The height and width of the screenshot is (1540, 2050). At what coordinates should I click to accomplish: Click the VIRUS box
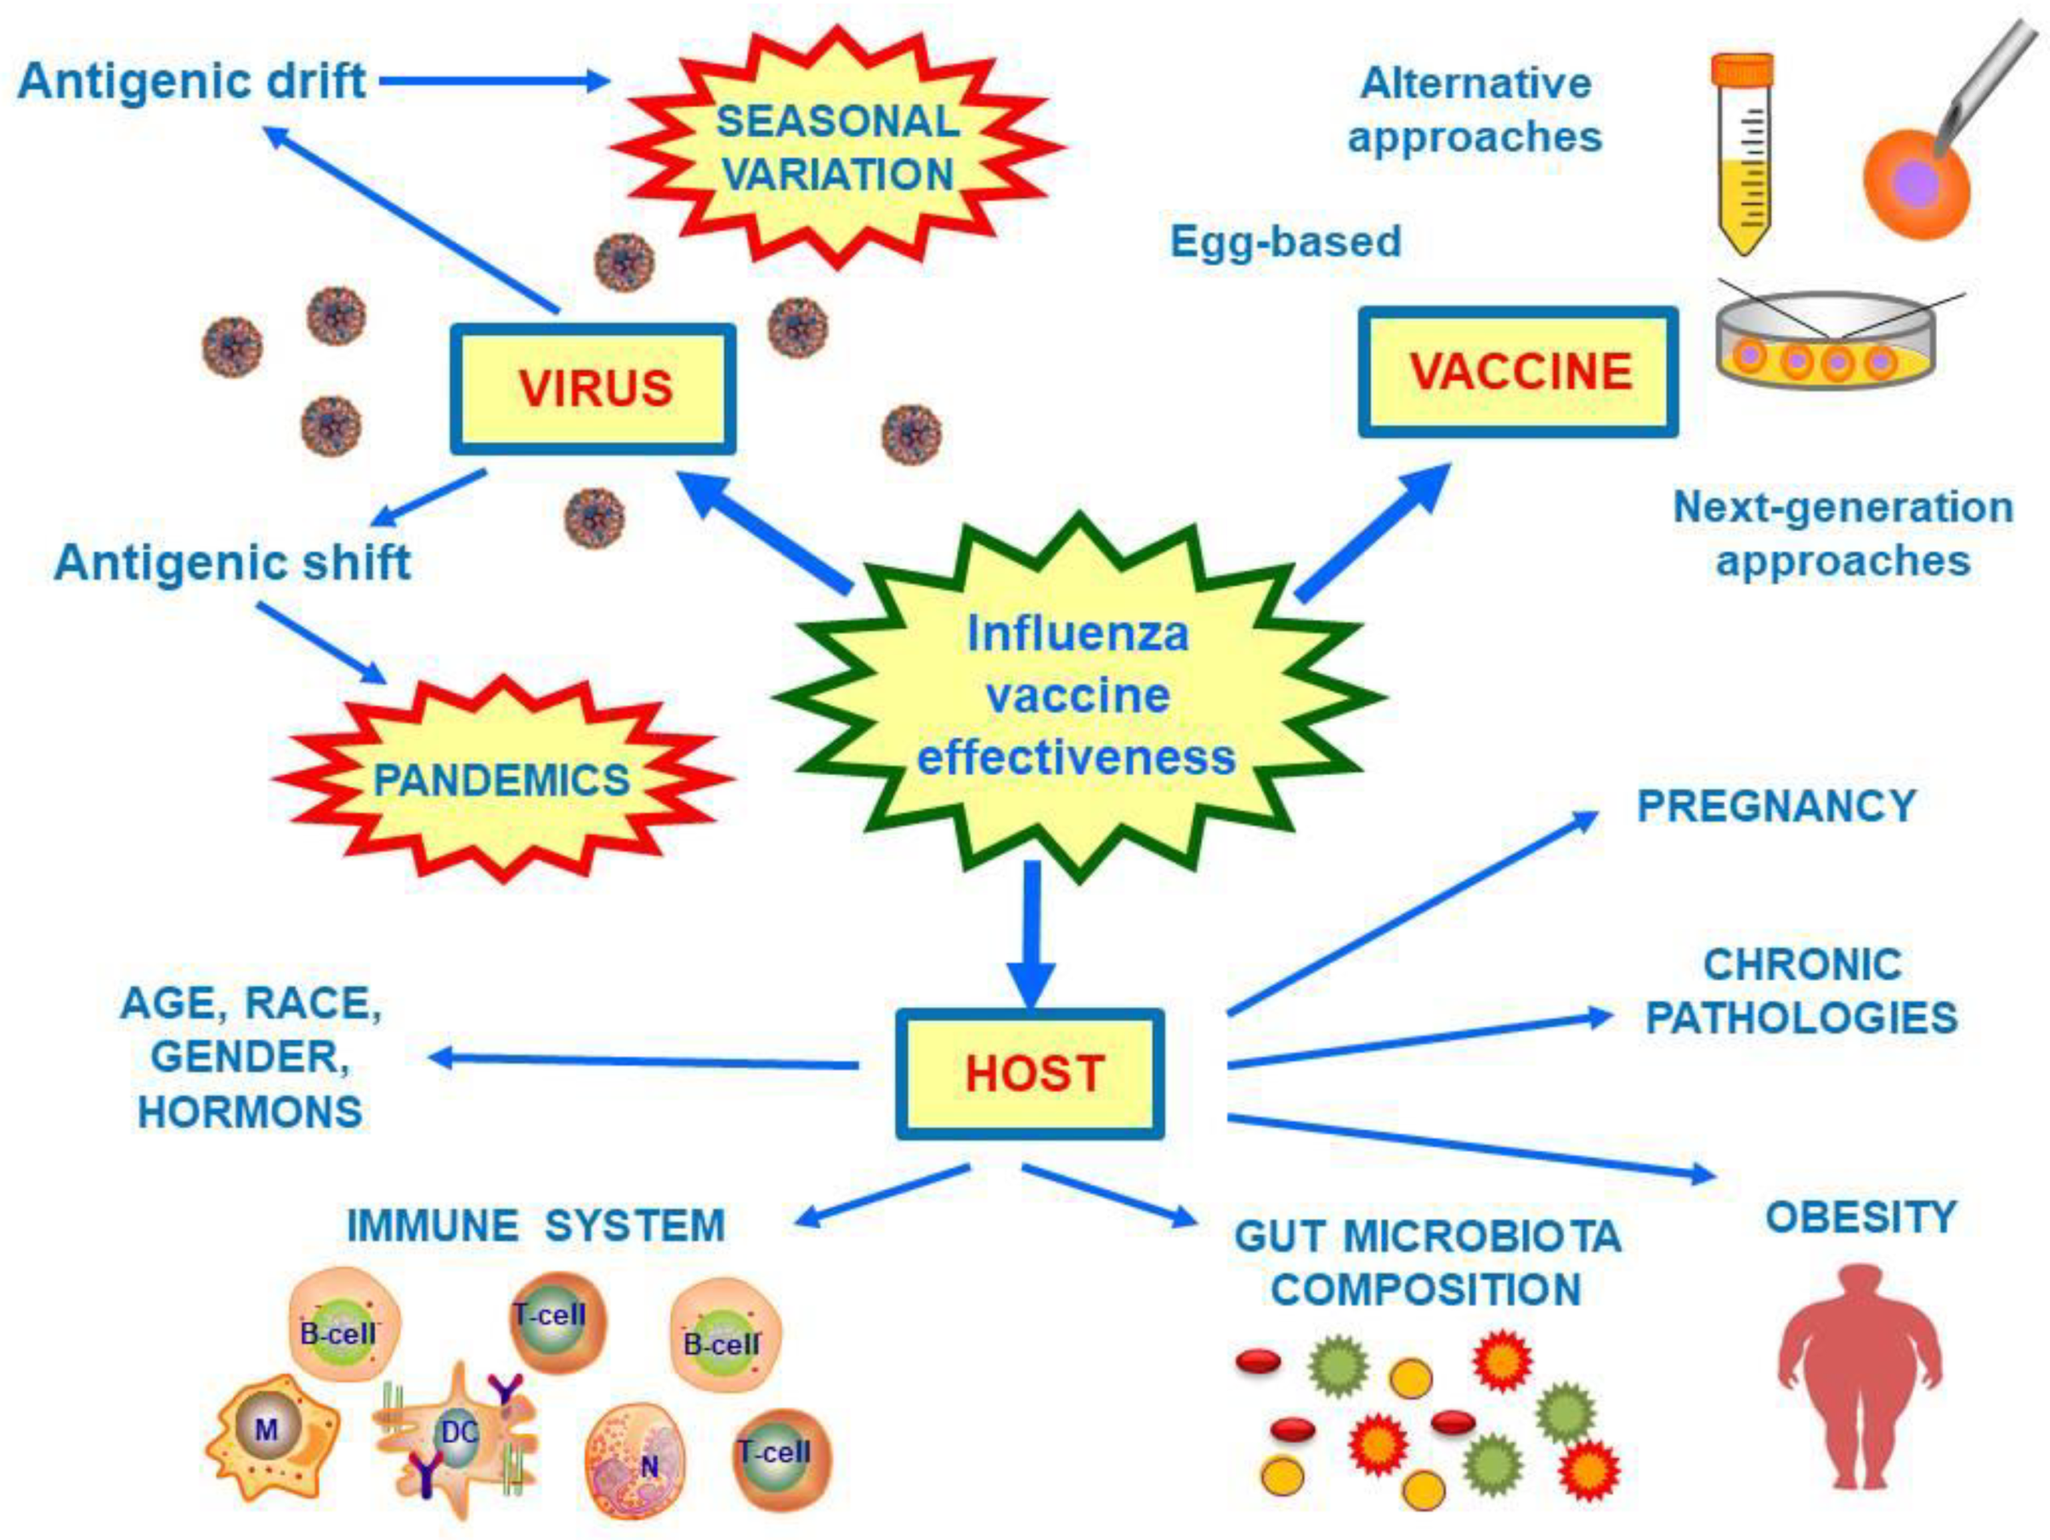click(593, 388)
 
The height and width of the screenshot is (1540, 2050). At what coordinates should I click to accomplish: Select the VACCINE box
click(1518, 371)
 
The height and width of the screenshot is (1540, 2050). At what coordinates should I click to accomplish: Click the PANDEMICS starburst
click(501, 779)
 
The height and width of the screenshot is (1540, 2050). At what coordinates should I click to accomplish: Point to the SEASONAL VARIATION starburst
click(837, 147)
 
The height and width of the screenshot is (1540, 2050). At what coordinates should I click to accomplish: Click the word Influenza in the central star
click(1077, 634)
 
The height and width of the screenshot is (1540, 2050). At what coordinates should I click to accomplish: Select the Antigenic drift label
click(192, 81)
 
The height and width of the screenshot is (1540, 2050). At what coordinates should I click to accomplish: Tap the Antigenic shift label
click(232, 563)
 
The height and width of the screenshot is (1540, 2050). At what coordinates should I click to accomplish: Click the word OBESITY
click(1861, 1217)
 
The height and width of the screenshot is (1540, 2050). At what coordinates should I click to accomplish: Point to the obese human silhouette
click(1858, 1372)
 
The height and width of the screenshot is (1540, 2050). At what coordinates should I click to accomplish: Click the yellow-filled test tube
click(1743, 157)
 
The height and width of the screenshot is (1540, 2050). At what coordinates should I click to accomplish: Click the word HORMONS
click(249, 1112)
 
